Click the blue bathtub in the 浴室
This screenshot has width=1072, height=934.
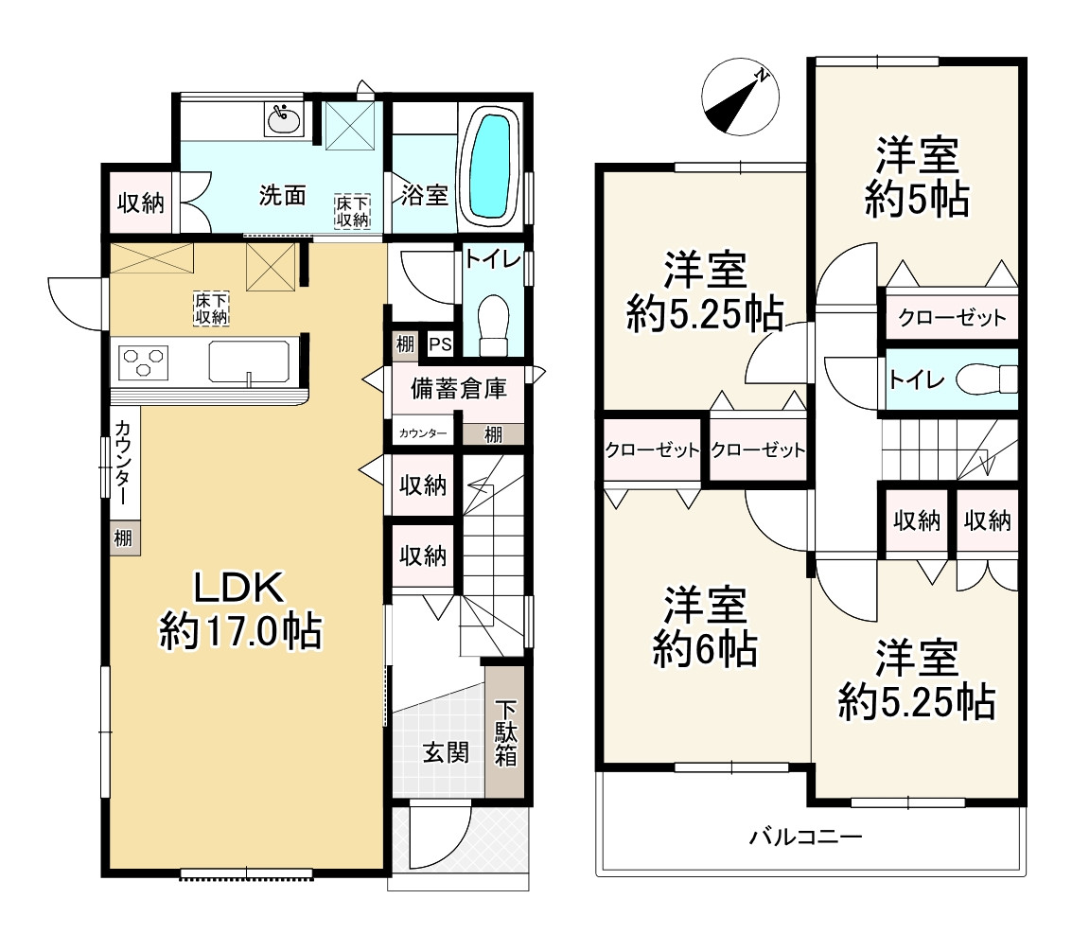tap(489, 167)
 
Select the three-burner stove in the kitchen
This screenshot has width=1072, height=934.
tap(144, 362)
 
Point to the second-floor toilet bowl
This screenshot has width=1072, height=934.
tap(985, 380)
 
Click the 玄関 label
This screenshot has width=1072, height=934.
tap(445, 752)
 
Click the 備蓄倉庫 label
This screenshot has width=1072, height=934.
tap(458, 388)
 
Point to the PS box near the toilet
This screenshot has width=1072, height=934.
tap(439, 344)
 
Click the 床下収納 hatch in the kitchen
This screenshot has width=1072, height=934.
tap(210, 308)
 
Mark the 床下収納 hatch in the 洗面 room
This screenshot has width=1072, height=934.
tap(352, 210)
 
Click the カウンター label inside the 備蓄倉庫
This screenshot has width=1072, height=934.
tap(422, 433)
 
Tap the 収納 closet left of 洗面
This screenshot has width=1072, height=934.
tap(140, 203)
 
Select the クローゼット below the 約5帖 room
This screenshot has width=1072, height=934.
tap(951, 317)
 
